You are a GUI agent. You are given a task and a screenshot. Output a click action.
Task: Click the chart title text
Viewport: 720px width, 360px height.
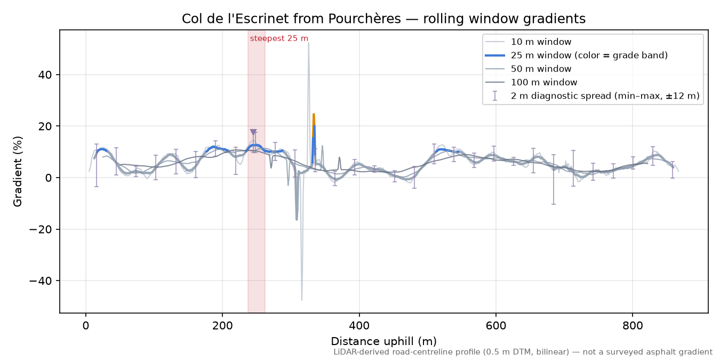coord(383,19)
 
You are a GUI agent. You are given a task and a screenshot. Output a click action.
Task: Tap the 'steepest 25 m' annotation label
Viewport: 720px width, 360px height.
coord(279,38)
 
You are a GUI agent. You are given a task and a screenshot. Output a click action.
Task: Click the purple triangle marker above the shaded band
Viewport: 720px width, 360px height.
coord(253,132)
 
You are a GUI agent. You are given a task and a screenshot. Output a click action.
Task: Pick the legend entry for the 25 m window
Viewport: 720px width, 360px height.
coord(576,55)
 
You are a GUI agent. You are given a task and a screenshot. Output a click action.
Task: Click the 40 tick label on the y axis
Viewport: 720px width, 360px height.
coord(44,75)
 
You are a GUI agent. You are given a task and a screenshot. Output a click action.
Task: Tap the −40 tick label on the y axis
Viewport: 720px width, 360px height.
coord(40,281)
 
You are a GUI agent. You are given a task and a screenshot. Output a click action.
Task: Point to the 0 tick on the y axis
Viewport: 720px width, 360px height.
coord(48,178)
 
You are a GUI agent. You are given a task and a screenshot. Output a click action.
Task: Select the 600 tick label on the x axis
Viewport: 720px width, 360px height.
coord(495,326)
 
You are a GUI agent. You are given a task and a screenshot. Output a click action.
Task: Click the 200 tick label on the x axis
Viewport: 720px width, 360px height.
coord(222,326)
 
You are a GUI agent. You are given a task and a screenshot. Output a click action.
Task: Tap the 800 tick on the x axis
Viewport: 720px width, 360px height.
coord(632,326)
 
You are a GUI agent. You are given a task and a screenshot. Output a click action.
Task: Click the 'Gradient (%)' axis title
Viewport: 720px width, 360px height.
coord(18,171)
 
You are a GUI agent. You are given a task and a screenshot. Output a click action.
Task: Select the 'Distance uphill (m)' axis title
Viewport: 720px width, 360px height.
coord(383,341)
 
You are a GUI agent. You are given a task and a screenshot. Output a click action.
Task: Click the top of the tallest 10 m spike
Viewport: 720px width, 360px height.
coord(309,43)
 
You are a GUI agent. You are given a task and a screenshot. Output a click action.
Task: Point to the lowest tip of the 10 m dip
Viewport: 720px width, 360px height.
coord(301,300)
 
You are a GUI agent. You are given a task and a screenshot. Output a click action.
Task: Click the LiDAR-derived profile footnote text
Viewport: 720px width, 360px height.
coord(523,352)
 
